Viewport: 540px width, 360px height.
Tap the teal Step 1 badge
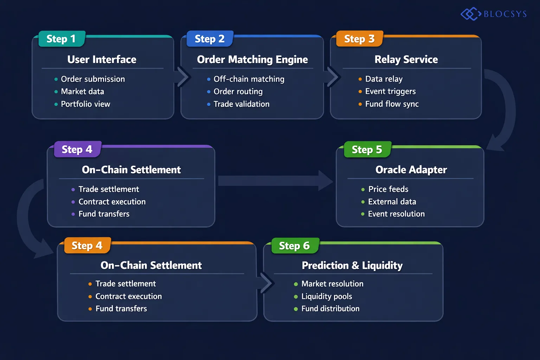[61, 39]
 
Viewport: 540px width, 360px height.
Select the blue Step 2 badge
[210, 39]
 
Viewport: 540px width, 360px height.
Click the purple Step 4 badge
[77, 149]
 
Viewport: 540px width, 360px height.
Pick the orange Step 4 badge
[87, 245]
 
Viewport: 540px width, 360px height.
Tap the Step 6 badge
[294, 245]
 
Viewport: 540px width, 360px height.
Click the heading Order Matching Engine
[252, 59]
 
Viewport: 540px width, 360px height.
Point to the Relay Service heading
[406, 59]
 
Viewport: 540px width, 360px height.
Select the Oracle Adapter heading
[411, 170]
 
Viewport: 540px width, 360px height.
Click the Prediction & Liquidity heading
[352, 265]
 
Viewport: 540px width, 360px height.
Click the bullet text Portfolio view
[85, 104]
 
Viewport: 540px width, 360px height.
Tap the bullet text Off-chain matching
[249, 79]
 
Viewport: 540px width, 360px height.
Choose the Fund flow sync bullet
[392, 104]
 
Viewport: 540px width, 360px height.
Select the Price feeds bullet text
[388, 189]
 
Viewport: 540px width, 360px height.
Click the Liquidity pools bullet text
[327, 296]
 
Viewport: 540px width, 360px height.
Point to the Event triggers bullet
[390, 91]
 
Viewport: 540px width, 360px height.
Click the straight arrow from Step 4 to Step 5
[274, 181]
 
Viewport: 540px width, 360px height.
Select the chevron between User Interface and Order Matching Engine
[183, 77]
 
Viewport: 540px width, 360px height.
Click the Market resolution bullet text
[332, 284]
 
